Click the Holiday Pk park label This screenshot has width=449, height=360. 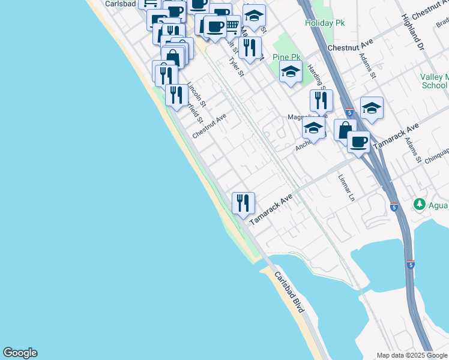[x=325, y=23]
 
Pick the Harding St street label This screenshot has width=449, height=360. [x=316, y=78]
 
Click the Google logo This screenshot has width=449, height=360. [x=20, y=353]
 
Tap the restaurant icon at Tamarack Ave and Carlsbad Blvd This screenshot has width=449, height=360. [x=243, y=203]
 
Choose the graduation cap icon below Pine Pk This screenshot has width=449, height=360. [x=291, y=72]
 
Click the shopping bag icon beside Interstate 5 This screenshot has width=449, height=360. [x=345, y=130]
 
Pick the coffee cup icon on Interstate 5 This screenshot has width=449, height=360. [x=358, y=142]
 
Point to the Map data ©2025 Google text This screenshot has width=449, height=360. [x=412, y=355]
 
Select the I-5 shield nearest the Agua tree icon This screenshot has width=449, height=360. [x=394, y=208]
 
